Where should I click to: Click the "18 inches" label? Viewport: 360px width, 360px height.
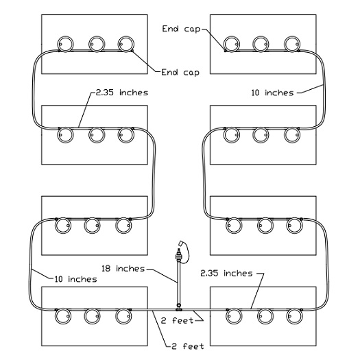123,268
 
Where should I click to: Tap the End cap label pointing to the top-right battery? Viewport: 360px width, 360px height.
181,29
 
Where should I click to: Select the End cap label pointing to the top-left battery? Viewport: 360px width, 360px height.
180,73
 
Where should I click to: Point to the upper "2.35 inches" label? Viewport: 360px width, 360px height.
122,93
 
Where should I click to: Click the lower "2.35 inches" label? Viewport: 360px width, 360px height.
226,273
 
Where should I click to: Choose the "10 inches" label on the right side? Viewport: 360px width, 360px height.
272,93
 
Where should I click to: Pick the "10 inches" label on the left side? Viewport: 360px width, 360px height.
75,279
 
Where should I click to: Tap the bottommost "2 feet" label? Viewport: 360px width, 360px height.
188,346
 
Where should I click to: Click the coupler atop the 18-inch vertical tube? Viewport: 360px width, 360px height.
178,256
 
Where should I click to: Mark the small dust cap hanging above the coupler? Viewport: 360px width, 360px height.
181,243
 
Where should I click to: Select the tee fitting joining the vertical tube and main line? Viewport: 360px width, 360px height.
179,309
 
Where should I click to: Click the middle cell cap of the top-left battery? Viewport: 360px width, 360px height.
97,44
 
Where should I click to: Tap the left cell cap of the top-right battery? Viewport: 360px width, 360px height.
232,44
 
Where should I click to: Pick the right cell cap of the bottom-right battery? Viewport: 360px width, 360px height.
295,316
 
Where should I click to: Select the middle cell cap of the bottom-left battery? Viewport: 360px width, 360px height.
92,316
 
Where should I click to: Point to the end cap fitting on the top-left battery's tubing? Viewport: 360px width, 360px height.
132,51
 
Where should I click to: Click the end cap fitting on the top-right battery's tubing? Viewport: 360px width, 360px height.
225,51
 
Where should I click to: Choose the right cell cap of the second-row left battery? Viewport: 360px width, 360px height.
125,135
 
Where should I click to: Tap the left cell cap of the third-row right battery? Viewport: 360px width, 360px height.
234,225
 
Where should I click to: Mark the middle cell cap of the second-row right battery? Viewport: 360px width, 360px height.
261,135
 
